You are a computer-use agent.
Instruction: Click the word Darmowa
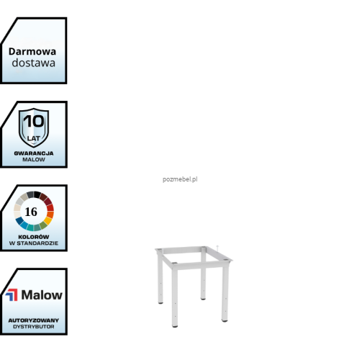32,52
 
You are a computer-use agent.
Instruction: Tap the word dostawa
34,63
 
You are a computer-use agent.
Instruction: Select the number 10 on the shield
34,121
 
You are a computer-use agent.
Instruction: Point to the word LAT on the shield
34,138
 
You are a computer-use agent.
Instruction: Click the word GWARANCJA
34,153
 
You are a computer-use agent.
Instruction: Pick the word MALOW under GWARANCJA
34,159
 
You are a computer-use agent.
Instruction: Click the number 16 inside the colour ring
31,212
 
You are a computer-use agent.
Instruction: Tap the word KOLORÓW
34,237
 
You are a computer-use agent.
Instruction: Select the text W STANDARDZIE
34,243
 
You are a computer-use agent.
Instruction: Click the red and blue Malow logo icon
12,294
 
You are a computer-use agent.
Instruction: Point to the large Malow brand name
42,294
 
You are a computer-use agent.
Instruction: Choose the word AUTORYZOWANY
34,320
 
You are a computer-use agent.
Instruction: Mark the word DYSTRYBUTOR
34,327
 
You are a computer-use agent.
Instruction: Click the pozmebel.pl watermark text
180,179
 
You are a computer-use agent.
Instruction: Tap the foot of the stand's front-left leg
175,325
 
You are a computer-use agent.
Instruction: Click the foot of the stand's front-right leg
225,320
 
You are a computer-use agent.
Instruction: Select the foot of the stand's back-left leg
161,302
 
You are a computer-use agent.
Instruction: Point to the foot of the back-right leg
203,299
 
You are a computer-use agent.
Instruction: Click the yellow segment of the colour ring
48,220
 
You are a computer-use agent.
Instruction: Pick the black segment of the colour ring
37,194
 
